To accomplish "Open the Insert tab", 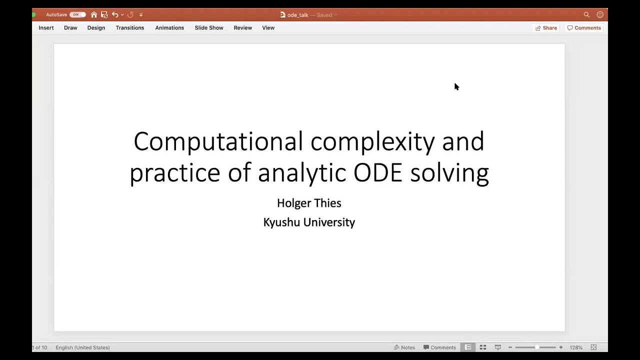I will tap(46, 28).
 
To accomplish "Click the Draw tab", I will tap(70, 28).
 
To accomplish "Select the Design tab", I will tap(96, 28).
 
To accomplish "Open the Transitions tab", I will tap(130, 28).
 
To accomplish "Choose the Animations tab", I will tap(169, 28).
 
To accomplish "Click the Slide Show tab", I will tap(209, 28).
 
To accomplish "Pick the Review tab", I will tap(242, 28).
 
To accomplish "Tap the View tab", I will tap(268, 28).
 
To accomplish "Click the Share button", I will tap(546, 28).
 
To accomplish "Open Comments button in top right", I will tap(584, 28).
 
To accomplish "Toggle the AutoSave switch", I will tap(77, 15).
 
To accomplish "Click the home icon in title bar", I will tap(94, 15).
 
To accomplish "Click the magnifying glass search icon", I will tap(586, 15).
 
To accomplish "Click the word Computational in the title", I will tap(218, 141).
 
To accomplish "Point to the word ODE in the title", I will tap(377, 172).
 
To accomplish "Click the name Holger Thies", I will tap(309, 203).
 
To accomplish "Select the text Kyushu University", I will tap(309, 222).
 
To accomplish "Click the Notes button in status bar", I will tap(404, 347).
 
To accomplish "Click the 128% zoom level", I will tap(576, 347).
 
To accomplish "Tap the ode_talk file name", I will tap(297, 15).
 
